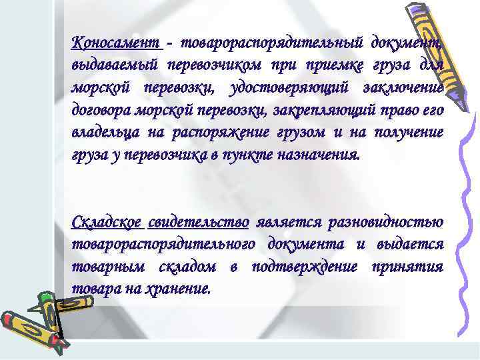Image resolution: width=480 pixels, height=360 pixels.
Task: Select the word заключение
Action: (403, 88)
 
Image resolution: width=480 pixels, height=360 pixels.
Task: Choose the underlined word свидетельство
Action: (199, 222)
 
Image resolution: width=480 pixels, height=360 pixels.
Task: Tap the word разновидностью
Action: (387, 222)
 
